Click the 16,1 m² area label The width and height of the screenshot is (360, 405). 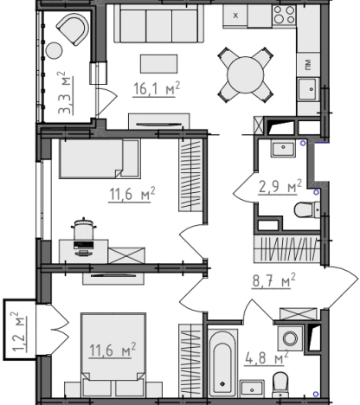click(157, 88)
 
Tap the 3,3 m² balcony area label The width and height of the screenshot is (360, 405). click(66, 93)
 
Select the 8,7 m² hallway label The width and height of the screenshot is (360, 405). click(274, 280)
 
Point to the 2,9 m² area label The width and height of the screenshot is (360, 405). click(280, 186)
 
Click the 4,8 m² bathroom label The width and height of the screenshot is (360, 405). click(267, 357)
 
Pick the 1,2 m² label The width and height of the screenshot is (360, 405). click(19, 331)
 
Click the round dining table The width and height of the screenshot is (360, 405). click(246, 74)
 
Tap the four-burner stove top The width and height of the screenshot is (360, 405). click(284, 15)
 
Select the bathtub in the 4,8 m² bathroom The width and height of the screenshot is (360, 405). click(222, 363)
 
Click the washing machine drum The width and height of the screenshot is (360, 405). click(290, 338)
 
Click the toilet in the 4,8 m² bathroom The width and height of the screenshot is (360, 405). click(280, 384)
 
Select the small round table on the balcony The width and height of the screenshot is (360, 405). click(54, 51)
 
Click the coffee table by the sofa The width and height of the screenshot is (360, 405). click(159, 64)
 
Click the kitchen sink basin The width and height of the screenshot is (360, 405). click(309, 89)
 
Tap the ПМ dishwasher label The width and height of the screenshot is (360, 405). click(307, 65)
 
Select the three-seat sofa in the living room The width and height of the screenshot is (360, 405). click(159, 23)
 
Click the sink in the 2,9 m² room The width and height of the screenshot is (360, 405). click(283, 149)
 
